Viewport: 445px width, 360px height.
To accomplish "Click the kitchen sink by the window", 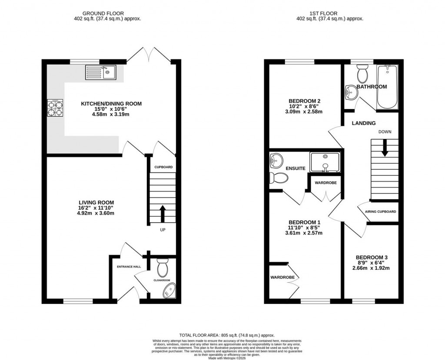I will [100, 72].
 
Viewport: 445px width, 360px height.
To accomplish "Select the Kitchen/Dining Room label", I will [111, 104].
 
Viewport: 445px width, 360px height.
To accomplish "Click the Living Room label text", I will [96, 202].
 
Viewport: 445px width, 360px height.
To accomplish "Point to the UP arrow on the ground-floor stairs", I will [163, 213].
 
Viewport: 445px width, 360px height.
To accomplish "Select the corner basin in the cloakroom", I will [169, 291].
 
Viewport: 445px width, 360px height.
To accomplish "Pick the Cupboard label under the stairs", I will [163, 167].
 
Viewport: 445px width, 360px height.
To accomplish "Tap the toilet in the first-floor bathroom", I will [362, 75].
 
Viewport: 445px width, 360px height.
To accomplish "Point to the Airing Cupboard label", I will [380, 212].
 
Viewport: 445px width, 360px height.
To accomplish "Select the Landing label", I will [364, 123].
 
